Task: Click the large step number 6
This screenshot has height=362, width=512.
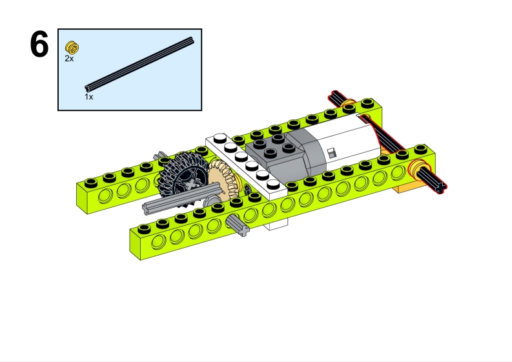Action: [x=39, y=45]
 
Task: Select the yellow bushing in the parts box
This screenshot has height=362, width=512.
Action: [x=72, y=47]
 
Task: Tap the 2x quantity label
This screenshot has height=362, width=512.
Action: [x=69, y=59]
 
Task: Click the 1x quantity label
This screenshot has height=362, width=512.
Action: [x=89, y=97]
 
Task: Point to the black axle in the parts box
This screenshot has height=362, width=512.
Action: [x=139, y=65]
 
